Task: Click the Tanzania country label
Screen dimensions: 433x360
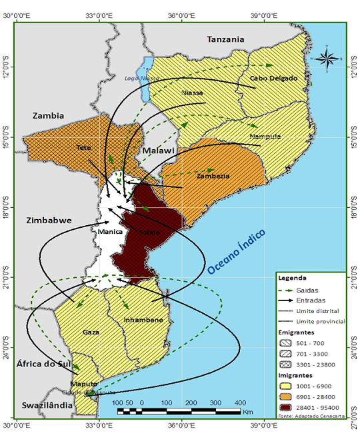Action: (225, 39)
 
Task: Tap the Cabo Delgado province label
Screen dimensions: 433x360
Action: (272, 79)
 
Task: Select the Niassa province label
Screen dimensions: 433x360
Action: (193, 93)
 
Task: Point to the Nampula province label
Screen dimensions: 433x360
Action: (264, 137)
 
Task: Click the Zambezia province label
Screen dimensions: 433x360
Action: (213, 176)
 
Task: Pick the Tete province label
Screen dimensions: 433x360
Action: (83, 147)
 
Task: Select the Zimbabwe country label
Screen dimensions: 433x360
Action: (47, 220)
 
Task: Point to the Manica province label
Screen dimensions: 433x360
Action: (110, 232)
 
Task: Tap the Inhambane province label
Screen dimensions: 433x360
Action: (143, 320)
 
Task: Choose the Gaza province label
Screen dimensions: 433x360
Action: (91, 331)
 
